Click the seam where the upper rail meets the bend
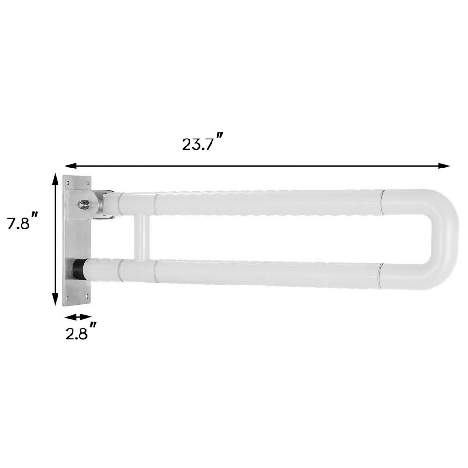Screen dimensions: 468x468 click(x=383, y=202)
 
